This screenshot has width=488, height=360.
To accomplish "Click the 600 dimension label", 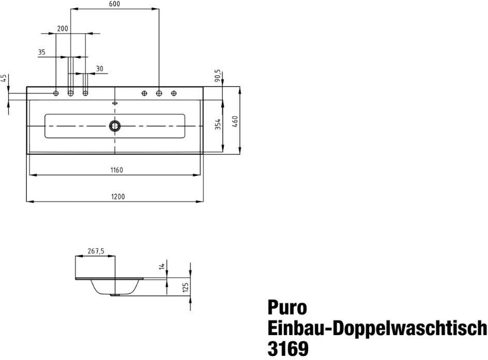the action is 114,4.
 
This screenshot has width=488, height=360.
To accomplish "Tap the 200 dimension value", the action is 63,29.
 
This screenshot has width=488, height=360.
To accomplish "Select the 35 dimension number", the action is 42,52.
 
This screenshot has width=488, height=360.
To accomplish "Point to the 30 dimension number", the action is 99,69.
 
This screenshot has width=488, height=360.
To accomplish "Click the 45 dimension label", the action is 4,79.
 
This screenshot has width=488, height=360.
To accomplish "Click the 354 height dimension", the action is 218,124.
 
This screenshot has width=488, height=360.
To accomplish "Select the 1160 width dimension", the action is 116,170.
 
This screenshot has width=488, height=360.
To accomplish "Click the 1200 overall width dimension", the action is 118,196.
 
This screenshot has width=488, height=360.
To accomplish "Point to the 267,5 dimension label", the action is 96,251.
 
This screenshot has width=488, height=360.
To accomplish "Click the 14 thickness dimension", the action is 162,266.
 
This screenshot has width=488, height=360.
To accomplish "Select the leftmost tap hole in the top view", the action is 56,93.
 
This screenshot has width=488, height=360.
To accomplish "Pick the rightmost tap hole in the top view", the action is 174,93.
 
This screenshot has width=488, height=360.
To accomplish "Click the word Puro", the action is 287,308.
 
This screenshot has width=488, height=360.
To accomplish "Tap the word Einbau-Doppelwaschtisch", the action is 377,328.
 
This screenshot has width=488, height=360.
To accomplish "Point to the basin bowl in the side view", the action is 116,287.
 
